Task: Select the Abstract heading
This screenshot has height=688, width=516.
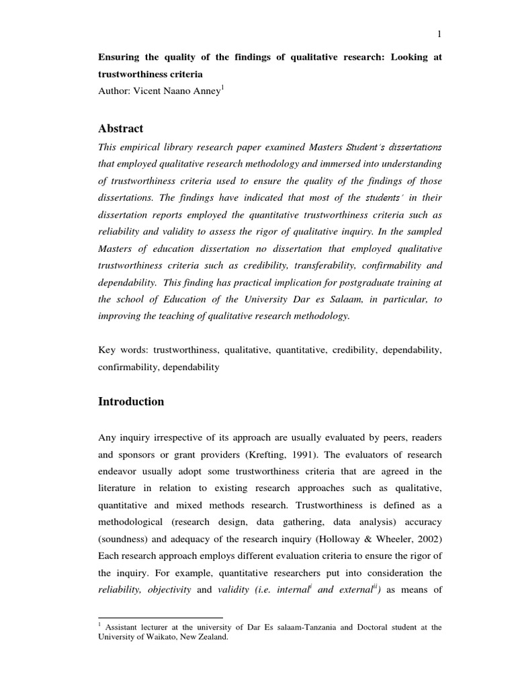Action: point(121,128)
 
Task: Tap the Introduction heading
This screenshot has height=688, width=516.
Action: point(131,402)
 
